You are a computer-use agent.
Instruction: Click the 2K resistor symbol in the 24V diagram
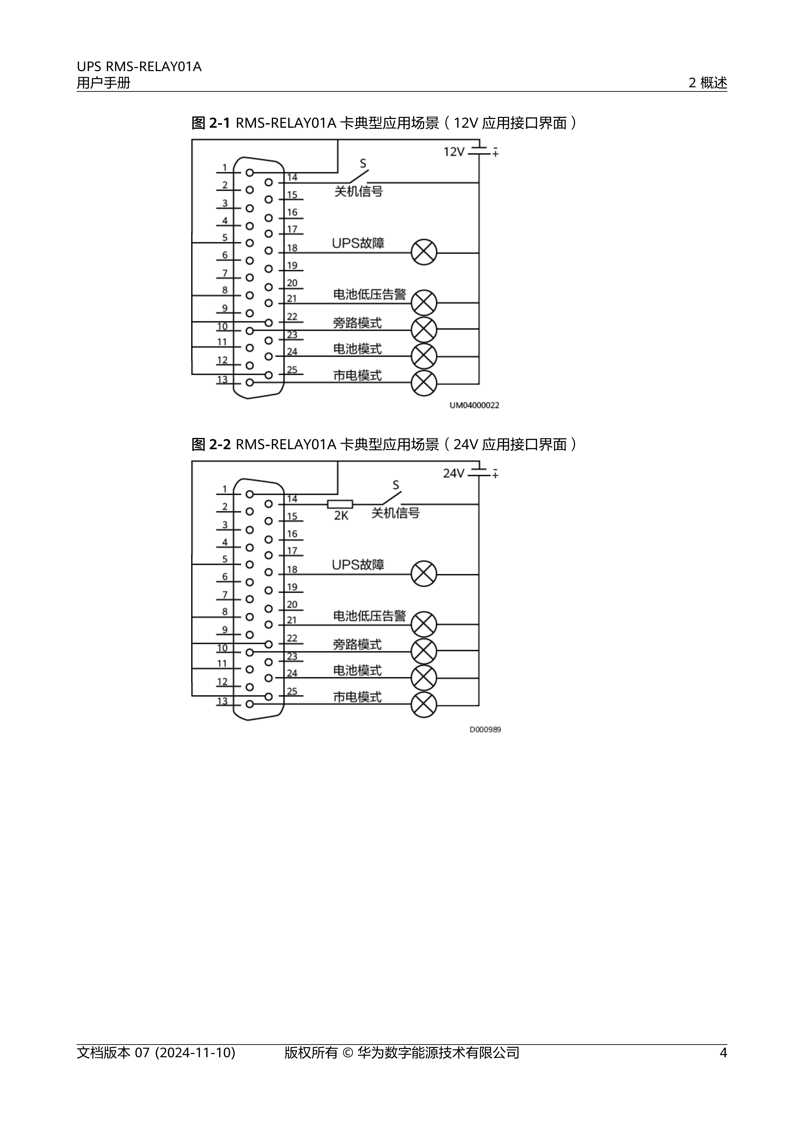[x=340, y=504]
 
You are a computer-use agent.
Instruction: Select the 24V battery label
[x=454, y=473]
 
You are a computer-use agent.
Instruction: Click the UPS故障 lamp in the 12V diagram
[x=424, y=252]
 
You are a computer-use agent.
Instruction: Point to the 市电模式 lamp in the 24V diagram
[x=424, y=705]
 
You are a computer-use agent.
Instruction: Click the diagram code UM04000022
[x=474, y=405]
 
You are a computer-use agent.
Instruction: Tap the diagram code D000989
[x=485, y=729]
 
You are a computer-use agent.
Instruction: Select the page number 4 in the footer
[x=723, y=1066]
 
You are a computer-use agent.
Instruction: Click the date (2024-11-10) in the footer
[x=195, y=1066]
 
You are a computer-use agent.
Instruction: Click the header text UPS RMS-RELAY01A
[x=139, y=67]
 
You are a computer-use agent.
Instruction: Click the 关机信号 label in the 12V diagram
[x=358, y=192]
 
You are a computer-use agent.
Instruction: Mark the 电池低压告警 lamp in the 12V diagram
[x=424, y=303]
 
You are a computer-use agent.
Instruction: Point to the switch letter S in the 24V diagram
[x=396, y=485]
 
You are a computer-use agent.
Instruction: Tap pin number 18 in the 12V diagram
[x=292, y=248]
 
